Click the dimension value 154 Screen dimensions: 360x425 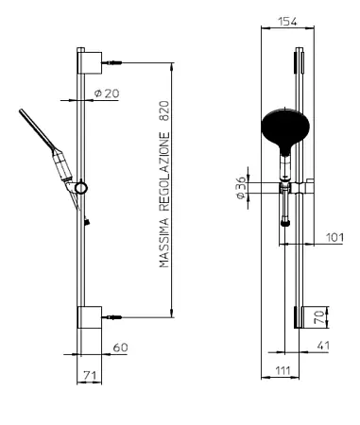coord(288,22)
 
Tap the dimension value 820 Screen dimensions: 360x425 coord(164,111)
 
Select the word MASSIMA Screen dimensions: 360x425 coord(164,243)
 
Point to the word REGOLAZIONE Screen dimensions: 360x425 coord(164,171)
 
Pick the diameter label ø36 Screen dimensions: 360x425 coord(240,188)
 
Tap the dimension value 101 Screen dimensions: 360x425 coord(334,237)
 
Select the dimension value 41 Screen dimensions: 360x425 coord(323,346)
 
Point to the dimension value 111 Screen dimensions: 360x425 coord(283,370)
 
